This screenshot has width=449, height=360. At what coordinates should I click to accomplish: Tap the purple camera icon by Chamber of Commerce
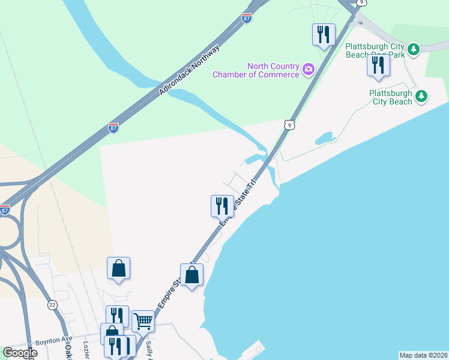click(x=309, y=70)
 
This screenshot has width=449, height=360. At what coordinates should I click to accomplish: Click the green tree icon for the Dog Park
click(x=413, y=50)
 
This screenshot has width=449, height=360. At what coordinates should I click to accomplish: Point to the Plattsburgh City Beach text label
click(x=390, y=97)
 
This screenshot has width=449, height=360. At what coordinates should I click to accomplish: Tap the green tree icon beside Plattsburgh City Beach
click(x=422, y=96)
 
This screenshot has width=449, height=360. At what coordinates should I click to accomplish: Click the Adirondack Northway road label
click(x=189, y=71)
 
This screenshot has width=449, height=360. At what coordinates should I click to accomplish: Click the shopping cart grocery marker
click(x=143, y=321)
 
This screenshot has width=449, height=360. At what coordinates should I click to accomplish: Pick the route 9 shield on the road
click(x=289, y=125)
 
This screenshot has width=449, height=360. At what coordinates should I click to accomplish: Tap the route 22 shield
click(x=53, y=305)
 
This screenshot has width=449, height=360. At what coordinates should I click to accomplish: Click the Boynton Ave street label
click(x=53, y=340)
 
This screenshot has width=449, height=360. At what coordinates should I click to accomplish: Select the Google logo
click(x=20, y=353)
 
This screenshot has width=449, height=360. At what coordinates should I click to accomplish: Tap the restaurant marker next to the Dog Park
click(x=378, y=65)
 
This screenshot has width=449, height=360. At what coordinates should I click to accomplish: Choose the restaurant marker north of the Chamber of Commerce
click(x=324, y=34)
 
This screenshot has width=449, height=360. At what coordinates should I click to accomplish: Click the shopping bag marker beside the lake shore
click(x=191, y=275)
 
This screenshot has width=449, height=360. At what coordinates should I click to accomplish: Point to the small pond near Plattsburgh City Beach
click(x=325, y=138)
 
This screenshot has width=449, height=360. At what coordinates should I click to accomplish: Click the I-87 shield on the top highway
click(x=247, y=17)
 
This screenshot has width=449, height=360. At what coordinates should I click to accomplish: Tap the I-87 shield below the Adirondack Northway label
click(x=113, y=127)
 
